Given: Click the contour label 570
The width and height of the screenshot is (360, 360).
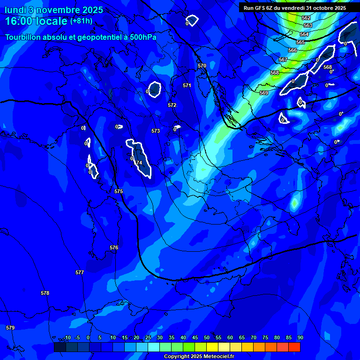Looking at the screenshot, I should [202, 66].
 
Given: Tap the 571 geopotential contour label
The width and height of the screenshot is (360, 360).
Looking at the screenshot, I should [187, 86].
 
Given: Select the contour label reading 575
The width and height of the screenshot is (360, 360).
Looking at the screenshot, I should [119, 192].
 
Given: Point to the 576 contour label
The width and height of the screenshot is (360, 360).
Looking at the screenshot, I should [114, 247].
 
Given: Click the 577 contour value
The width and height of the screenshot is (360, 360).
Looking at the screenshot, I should [80, 272].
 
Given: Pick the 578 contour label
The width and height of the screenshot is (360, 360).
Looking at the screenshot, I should [45, 293].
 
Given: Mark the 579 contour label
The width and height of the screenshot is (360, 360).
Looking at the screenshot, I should [10, 328].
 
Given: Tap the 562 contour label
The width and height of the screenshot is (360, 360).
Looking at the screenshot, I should [306, 18].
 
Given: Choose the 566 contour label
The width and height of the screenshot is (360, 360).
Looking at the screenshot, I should [292, 50].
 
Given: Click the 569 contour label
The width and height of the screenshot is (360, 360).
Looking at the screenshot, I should [264, 93].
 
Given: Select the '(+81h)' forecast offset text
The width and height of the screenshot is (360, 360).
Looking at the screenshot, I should [81, 21].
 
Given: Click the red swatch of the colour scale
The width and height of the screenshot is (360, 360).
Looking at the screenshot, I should [294, 347].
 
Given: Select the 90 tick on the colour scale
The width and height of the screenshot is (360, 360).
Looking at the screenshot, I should [300, 338].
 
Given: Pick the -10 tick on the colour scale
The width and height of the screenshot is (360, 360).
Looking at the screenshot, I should [67, 338].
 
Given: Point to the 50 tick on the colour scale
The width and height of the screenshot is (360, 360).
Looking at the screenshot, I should [207, 338].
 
